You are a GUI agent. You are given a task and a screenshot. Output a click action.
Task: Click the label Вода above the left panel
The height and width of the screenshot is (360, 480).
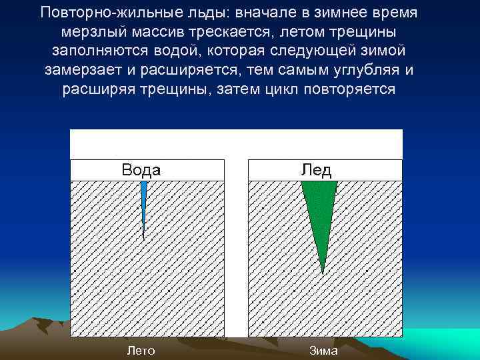point(141,170)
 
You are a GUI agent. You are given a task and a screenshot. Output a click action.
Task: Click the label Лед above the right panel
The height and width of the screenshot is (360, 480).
point(316,170)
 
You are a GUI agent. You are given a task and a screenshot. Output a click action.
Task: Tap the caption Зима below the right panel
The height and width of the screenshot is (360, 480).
point(323,351)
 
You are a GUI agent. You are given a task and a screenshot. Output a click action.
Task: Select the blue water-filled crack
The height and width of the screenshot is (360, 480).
point(143,200)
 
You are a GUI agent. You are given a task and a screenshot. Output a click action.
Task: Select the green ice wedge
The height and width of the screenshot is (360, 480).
point(319,207)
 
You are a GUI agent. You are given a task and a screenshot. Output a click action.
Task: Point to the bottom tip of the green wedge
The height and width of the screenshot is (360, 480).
point(323,273)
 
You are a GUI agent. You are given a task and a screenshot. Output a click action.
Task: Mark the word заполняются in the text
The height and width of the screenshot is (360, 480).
point(95,51)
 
